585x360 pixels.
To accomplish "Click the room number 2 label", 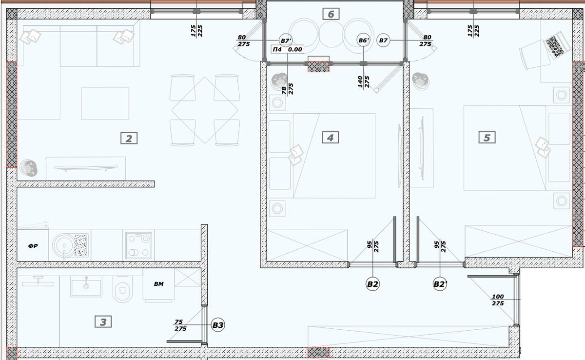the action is pos(129,138).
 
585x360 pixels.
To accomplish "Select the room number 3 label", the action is pos(103,321).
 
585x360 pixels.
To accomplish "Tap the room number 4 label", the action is pos(331,138).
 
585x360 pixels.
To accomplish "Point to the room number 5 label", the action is pos(487,138).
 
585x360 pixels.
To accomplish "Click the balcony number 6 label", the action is pos(331,14).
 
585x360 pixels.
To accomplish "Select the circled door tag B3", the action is pos(218,325).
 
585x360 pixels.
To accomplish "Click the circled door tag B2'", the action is pos(440,284).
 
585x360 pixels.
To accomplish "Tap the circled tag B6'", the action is pos(364,40).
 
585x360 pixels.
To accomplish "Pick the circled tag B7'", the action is pos(286,40).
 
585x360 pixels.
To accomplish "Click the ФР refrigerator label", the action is pos(33,246).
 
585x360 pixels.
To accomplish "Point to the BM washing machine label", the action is pos(159,284).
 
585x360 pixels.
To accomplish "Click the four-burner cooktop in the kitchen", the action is pos(138,245).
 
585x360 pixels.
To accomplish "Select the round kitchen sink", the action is pos(63,245).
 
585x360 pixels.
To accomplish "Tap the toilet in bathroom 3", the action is pos(122,289).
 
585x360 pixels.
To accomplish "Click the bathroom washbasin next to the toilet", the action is pos(86,286).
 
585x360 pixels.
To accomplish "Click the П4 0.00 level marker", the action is pos(287,49).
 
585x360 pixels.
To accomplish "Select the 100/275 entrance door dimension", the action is pos(498,300).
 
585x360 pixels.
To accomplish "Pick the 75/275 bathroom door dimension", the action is pos(180,325).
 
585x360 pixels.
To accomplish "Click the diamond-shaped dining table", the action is pos(205,110).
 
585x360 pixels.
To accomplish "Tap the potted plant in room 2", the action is pos(28,168).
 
